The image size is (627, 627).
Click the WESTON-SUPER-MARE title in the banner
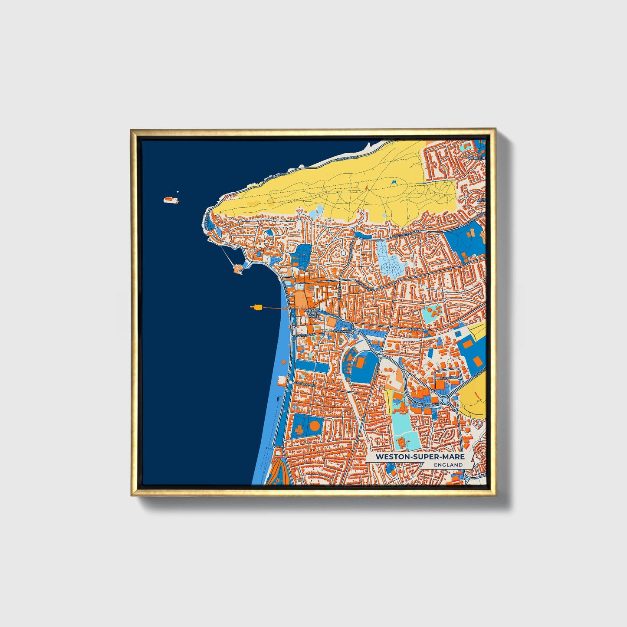click(420, 456)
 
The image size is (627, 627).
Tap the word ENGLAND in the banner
click(448, 465)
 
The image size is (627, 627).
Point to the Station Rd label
click(341, 332)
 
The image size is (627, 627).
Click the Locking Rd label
click(419, 330)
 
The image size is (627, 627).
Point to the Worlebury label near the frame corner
click(477, 158)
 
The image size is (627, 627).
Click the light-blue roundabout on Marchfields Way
click(445, 400)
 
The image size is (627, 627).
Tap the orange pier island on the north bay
click(238, 269)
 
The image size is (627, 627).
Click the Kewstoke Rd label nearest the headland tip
click(274, 177)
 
